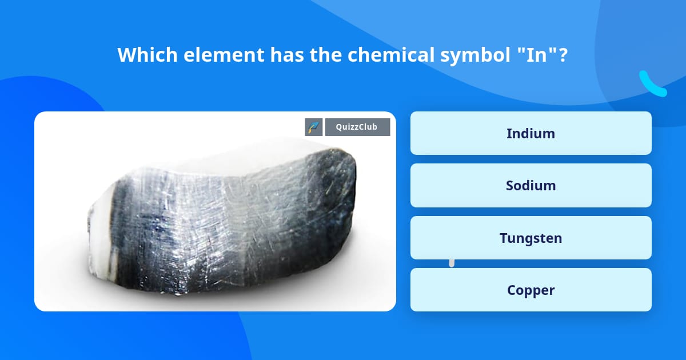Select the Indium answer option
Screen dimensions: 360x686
531,133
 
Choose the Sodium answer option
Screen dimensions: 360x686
531,186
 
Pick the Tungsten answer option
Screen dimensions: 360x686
531,238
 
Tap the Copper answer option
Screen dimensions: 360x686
531,290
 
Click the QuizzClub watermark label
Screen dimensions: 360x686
357,127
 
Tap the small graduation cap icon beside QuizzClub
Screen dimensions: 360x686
314,127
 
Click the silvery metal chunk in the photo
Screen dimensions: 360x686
223,223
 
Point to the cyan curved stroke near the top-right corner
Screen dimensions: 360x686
652,83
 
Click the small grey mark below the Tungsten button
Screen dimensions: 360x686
452,263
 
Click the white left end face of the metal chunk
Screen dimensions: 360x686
100,251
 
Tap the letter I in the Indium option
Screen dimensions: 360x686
509,133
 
